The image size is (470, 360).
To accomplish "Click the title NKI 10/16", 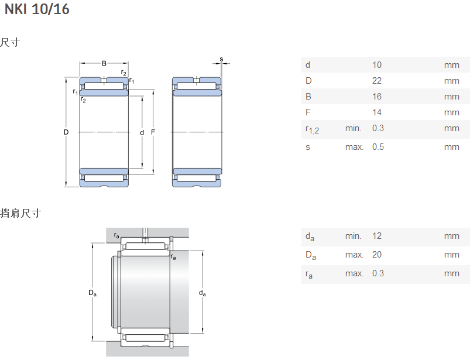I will [x=37, y=9].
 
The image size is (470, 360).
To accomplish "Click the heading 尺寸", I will [x=10, y=43].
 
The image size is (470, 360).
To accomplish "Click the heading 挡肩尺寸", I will [x=20, y=213].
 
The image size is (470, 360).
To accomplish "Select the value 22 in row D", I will [x=377, y=81].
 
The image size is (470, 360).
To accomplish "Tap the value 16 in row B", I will [x=377, y=97].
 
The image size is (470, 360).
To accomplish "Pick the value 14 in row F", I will [x=377, y=112].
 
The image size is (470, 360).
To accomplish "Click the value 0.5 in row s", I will [x=378, y=147].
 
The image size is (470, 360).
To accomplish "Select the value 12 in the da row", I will [x=377, y=236].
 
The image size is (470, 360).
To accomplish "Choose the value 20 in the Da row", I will [x=378, y=255].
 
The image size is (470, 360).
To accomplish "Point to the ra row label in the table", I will [x=308, y=274].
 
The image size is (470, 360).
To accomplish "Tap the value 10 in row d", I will [x=377, y=65].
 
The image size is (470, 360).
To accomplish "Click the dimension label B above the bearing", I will [x=104, y=63].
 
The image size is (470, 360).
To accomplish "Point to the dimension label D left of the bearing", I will [x=66, y=132].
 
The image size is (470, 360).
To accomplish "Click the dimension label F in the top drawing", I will [x=153, y=132].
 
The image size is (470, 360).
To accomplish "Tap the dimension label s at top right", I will [x=221, y=59].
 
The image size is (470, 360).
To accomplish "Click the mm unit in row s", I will [x=451, y=147].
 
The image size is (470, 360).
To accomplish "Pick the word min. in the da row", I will [x=353, y=236].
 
